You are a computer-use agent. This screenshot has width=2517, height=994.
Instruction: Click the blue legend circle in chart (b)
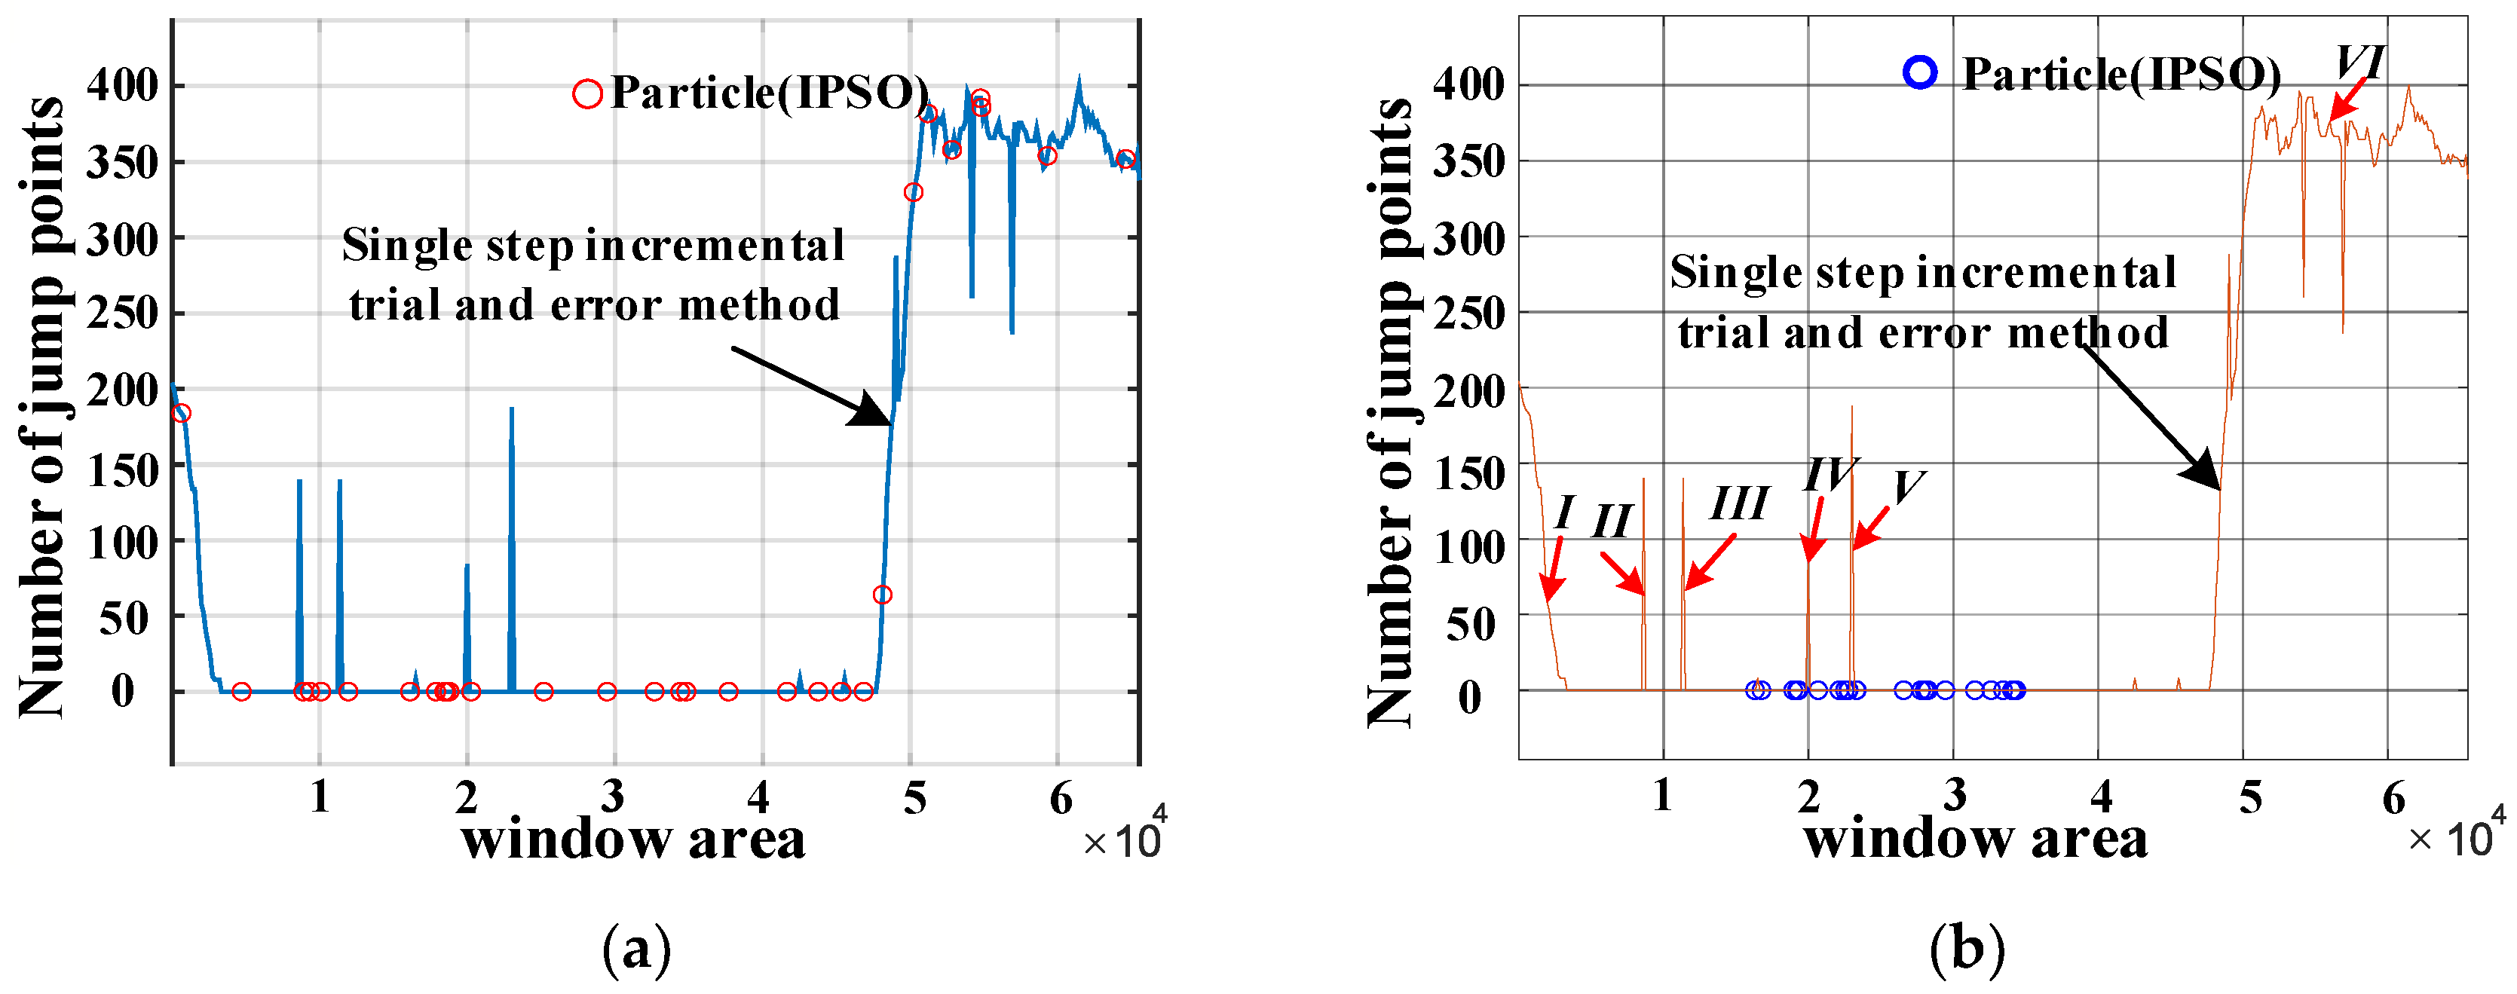[x=1920, y=72]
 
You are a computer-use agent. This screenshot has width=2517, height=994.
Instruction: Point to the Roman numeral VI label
[x=2359, y=63]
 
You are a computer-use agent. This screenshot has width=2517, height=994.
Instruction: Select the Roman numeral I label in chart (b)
[x=1564, y=512]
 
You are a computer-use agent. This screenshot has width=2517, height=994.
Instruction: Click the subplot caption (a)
[x=637, y=948]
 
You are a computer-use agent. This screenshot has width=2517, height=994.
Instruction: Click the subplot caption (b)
[x=1967, y=948]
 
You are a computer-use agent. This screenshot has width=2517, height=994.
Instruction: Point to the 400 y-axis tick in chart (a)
[x=122, y=86]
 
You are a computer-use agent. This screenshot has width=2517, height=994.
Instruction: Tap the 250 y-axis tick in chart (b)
[x=1468, y=313]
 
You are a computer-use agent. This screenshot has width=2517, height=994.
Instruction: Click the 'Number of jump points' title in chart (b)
[x=1389, y=410]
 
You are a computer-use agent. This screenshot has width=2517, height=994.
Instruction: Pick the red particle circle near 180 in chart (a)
[x=181, y=414]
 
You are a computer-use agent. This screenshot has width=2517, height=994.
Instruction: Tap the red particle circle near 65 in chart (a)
[x=882, y=595]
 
